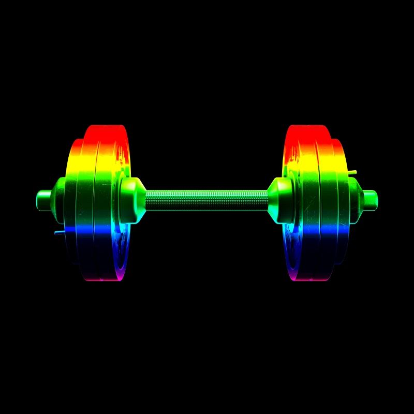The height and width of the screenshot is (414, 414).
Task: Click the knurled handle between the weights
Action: click(x=207, y=200)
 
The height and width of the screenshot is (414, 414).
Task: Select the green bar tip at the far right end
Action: click(x=370, y=197)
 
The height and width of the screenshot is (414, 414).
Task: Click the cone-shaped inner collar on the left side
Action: click(x=132, y=200)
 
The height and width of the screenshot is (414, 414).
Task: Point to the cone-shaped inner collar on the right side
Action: click(x=281, y=200)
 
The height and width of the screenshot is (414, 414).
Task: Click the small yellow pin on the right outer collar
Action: click(x=352, y=171)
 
